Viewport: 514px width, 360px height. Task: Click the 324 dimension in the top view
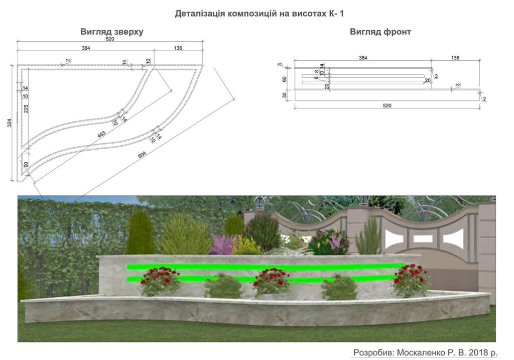(10, 123)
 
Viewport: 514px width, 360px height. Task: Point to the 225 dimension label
(26, 108)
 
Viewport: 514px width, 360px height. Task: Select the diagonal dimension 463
(101, 134)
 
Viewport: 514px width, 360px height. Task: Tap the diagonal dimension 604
(142, 154)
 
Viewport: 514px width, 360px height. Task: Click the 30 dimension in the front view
(285, 95)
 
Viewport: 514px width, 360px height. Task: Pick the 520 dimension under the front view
(387, 105)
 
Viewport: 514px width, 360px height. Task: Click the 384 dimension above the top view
(85, 48)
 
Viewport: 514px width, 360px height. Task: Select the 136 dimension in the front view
(455, 58)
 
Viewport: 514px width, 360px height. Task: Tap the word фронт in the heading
(396, 32)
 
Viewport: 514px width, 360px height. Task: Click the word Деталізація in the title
(200, 14)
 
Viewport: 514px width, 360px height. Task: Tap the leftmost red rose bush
(161, 281)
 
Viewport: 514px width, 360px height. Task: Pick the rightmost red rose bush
(411, 280)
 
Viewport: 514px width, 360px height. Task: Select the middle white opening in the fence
(421, 238)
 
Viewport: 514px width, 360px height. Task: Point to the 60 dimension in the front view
(285, 79)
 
